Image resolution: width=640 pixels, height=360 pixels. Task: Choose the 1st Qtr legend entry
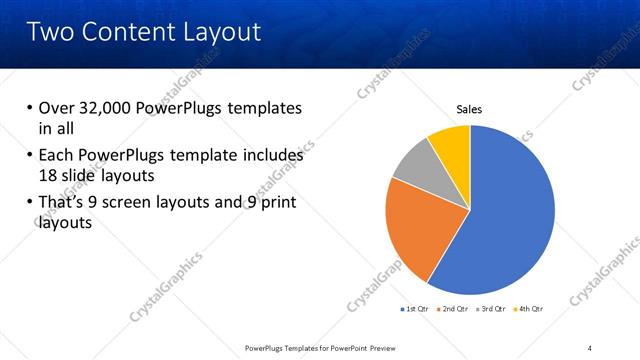coord(417,309)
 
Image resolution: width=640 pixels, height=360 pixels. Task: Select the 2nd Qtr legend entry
coord(455,309)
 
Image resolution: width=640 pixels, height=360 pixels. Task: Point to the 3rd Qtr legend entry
coord(492,309)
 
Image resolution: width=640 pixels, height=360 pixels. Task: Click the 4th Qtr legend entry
coord(529,309)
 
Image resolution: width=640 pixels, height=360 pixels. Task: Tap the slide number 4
coord(590,347)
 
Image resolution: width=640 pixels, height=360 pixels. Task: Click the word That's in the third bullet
coord(63,203)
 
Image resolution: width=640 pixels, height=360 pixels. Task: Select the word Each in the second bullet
coord(56,155)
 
